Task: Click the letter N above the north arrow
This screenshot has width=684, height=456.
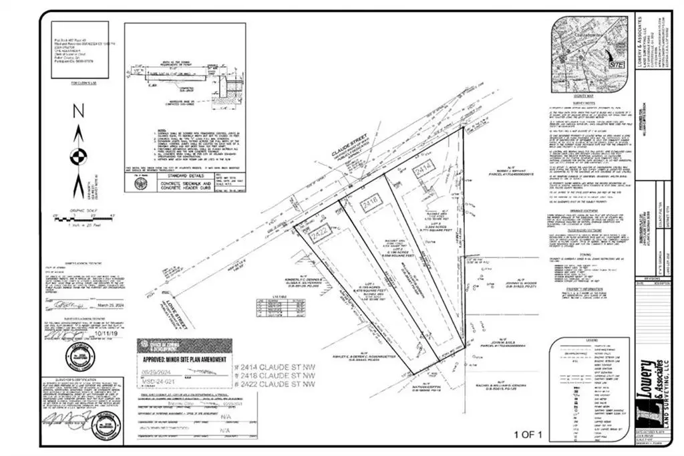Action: pyautogui.click(x=78, y=111)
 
